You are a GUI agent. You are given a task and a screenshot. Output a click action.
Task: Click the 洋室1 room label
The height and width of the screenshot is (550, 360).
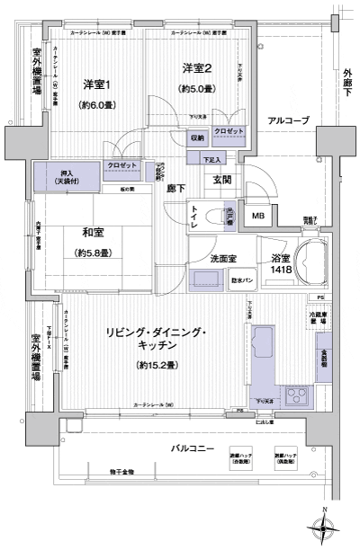(95, 84)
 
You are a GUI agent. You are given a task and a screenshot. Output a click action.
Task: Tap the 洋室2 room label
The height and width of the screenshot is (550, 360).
(196, 67)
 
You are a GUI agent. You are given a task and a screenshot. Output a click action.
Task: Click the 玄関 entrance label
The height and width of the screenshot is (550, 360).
(222, 180)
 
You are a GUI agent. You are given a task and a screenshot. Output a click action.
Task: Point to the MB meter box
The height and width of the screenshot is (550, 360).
(257, 217)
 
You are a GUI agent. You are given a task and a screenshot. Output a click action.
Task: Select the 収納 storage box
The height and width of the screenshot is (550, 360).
(197, 137)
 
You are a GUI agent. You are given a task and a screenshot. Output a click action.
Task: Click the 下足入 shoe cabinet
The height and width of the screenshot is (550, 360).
(212, 159)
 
